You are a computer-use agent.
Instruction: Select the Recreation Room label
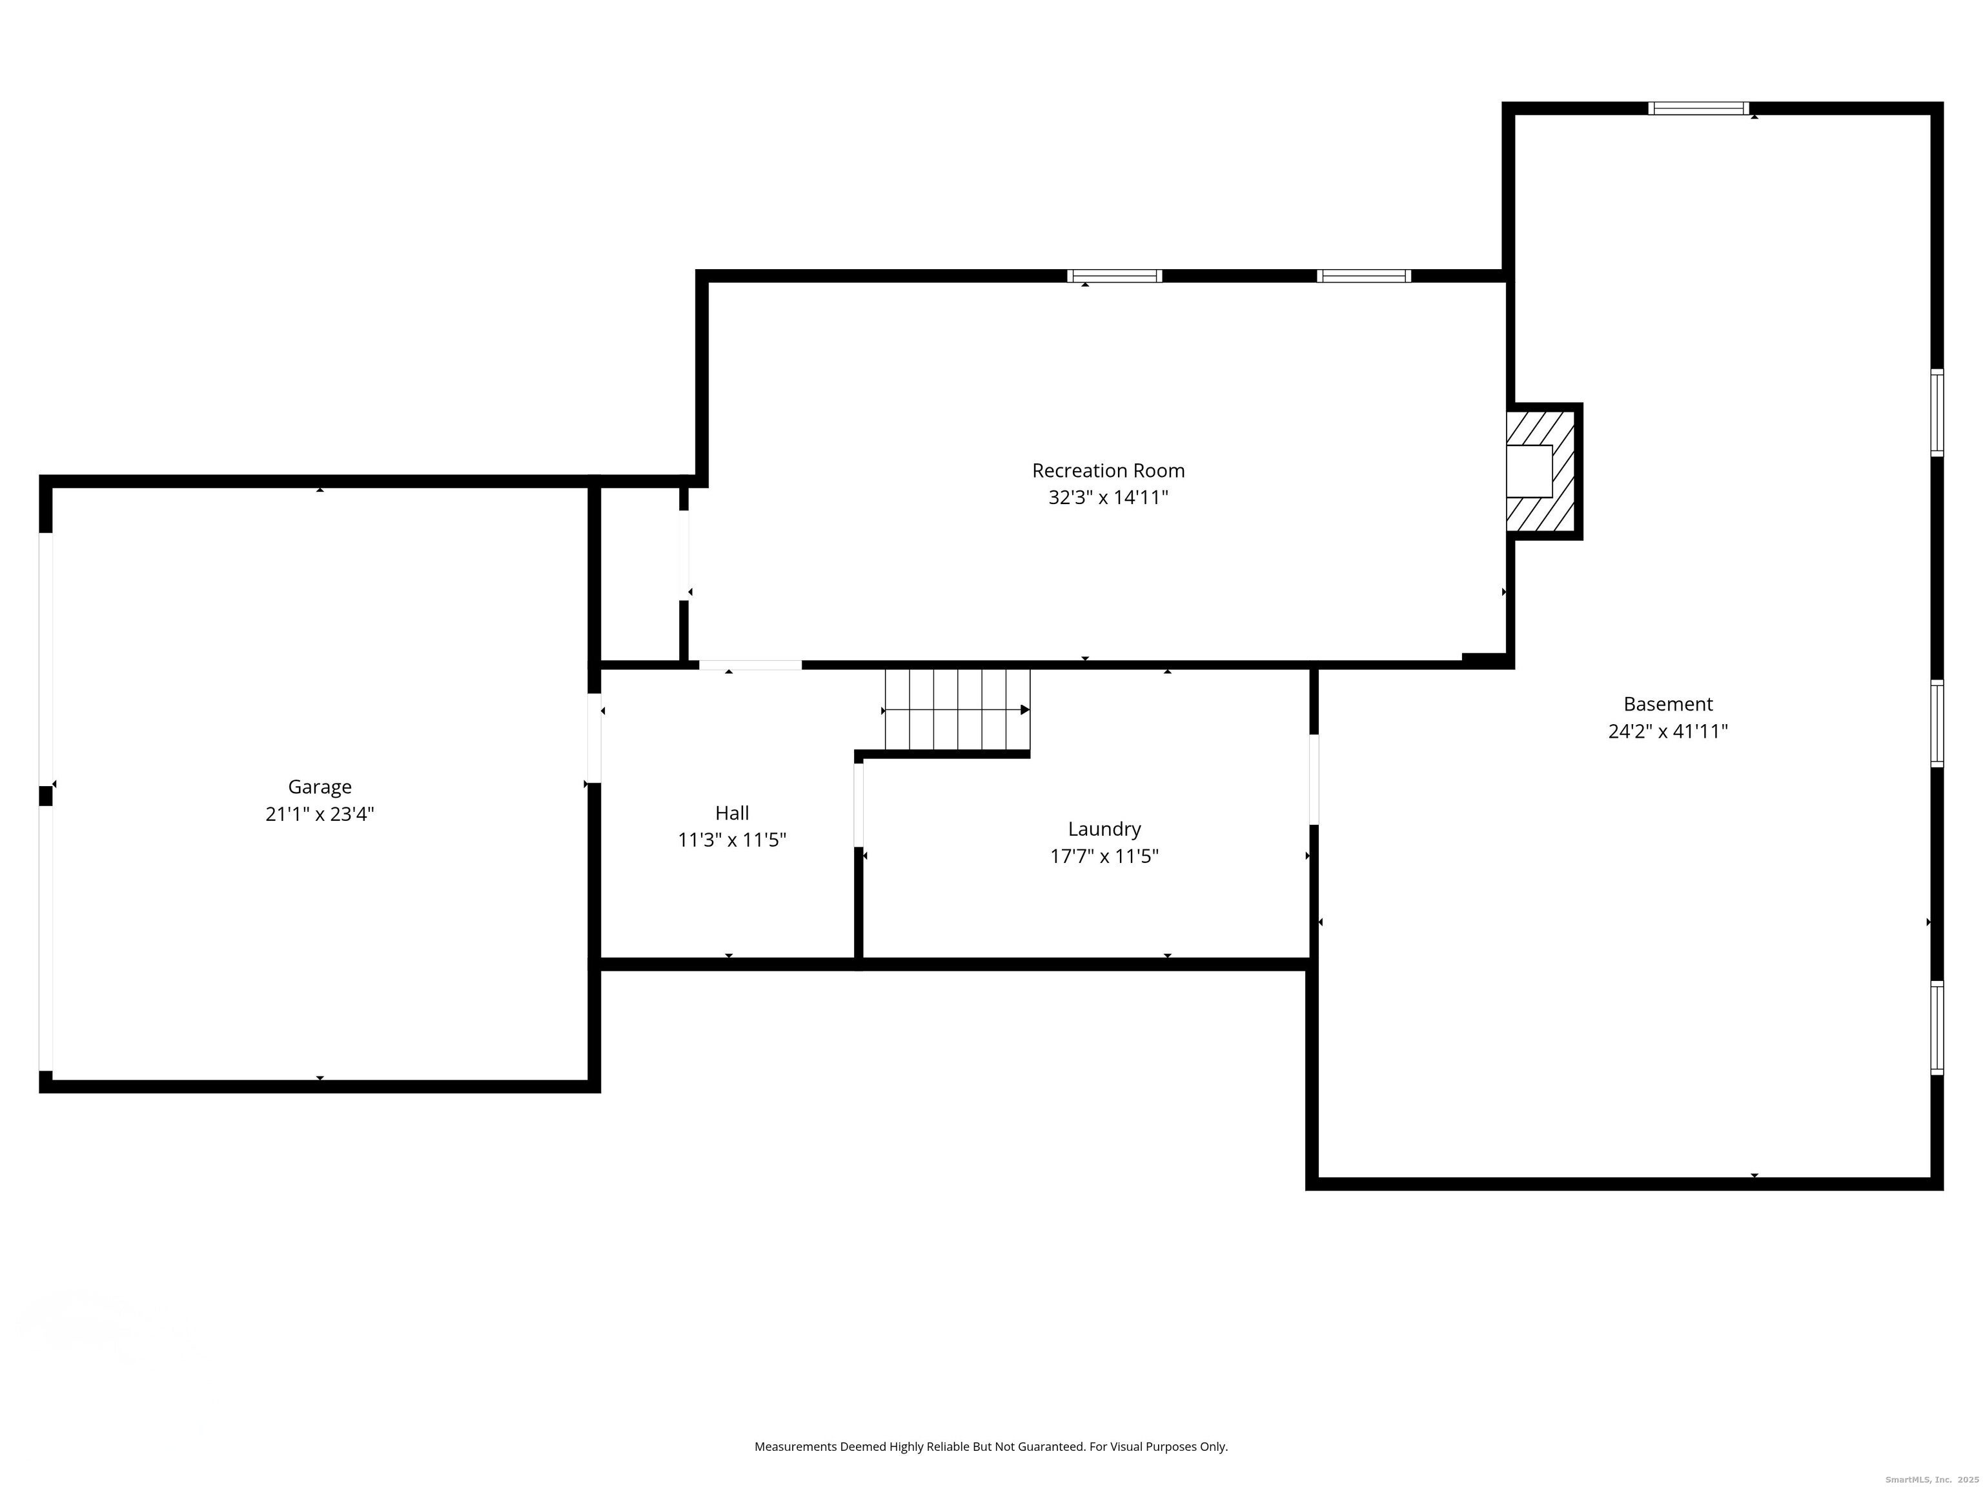1108,470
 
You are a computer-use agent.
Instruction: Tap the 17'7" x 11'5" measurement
1104,856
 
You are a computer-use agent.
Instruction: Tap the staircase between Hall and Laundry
957,709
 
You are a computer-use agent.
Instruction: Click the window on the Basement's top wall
1698,108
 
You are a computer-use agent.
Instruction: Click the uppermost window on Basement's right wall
1937,412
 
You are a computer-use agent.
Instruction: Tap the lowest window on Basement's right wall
1937,1028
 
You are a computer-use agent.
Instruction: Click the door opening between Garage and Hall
593,738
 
